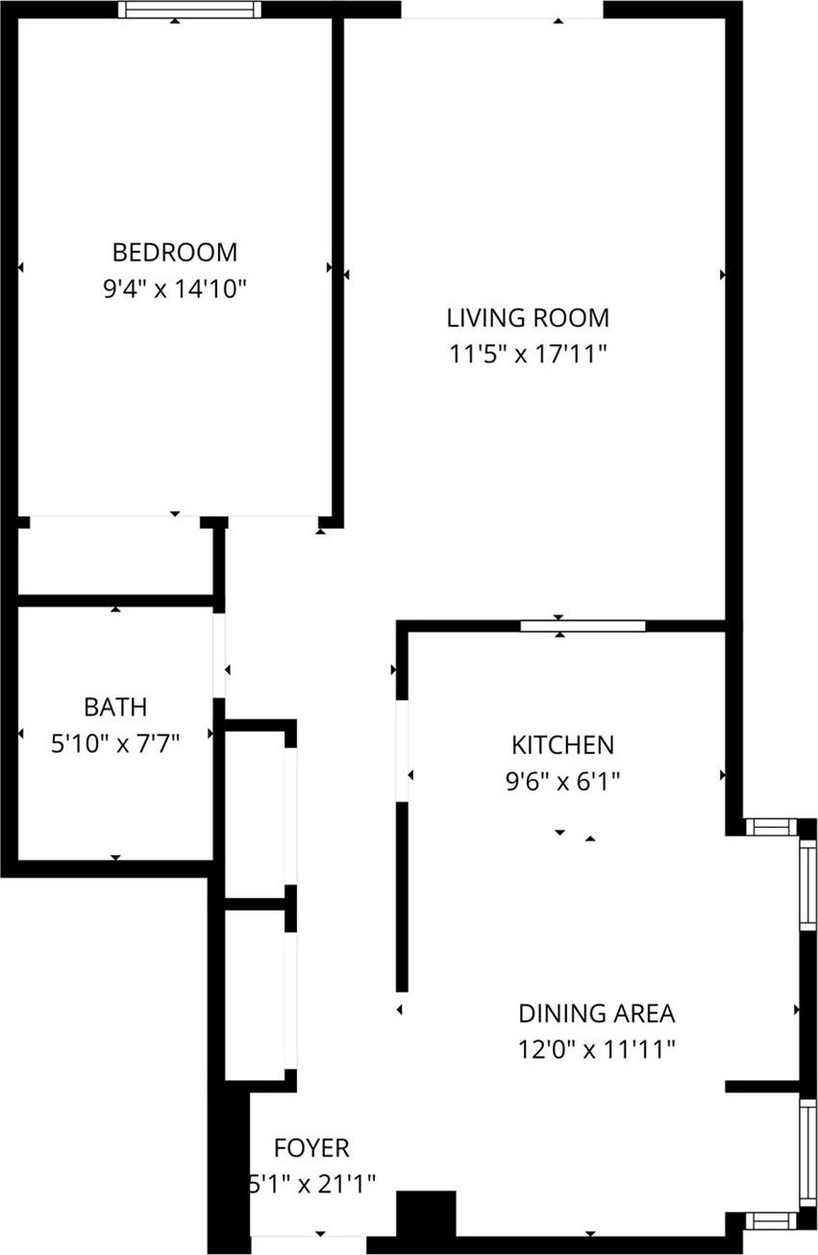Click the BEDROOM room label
pos(174,252)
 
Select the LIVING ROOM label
pos(528,317)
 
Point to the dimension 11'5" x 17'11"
pos(528,354)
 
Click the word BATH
pos(115,707)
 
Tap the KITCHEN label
pos(561,744)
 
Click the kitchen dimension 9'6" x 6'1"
pos(561,780)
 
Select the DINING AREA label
pos(596,1013)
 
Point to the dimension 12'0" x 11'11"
pos(596,1048)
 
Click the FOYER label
pos(311,1147)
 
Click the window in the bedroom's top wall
pos(189,10)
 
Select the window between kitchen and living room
pos(583,626)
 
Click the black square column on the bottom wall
pos(426,1213)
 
